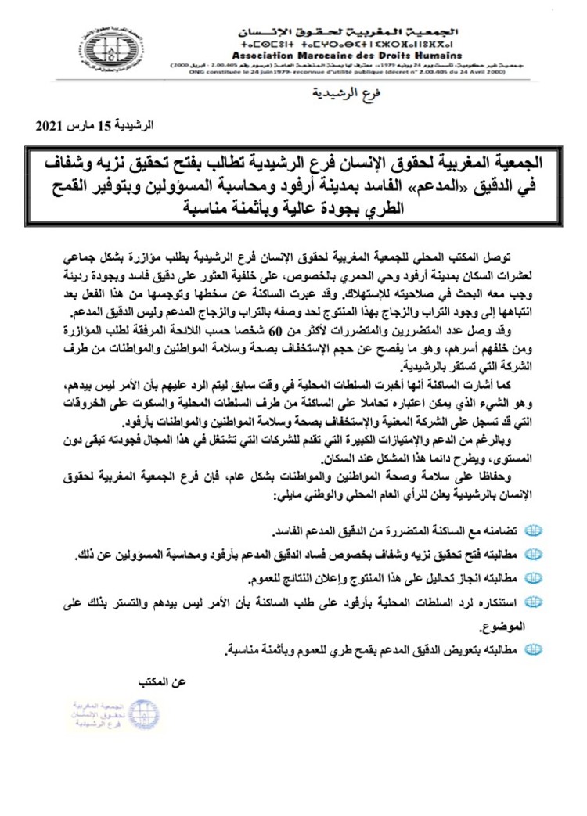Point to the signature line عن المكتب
click(164, 682)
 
